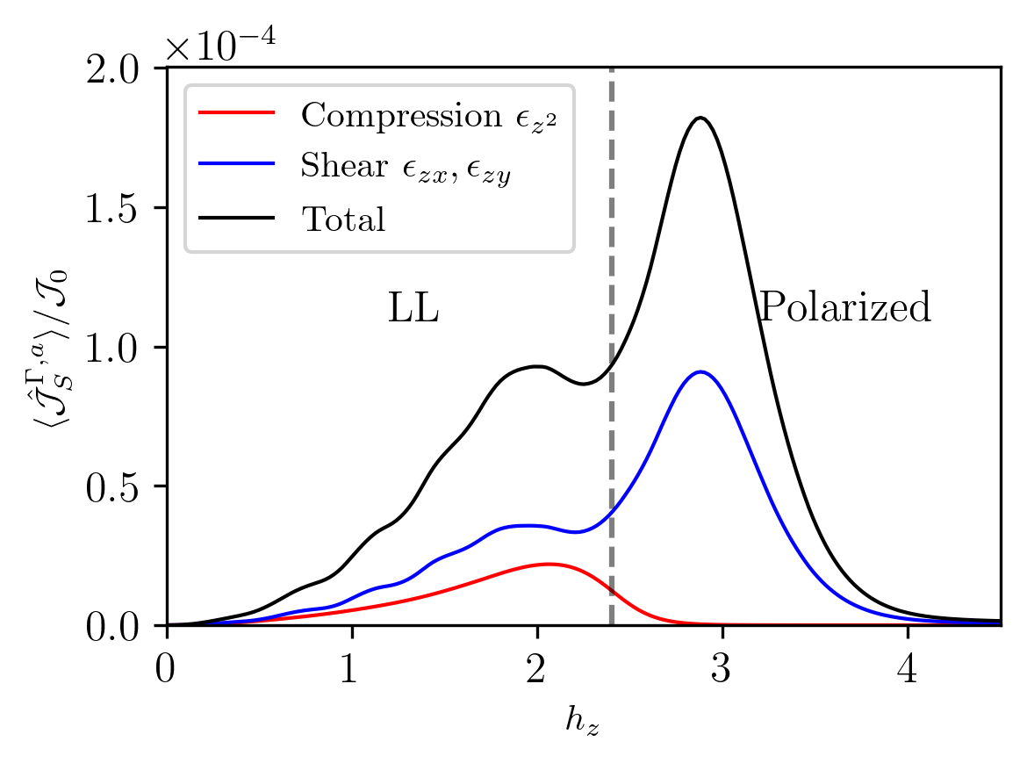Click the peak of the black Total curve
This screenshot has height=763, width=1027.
[x=700, y=118]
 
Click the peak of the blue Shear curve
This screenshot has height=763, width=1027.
[x=700, y=371]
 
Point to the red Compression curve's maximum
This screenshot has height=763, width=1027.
[x=549, y=564]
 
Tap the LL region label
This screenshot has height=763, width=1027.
[x=413, y=309]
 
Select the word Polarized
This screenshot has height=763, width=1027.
[x=844, y=309]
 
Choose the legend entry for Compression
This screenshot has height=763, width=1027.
[x=429, y=115]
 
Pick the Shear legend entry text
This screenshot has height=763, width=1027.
[x=406, y=168]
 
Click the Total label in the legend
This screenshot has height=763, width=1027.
[x=343, y=220]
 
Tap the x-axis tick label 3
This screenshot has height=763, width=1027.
[x=722, y=669]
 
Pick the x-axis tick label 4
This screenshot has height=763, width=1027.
[x=908, y=669]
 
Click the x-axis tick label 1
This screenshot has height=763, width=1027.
[x=351, y=669]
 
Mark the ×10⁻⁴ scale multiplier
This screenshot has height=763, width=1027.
[x=220, y=44]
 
